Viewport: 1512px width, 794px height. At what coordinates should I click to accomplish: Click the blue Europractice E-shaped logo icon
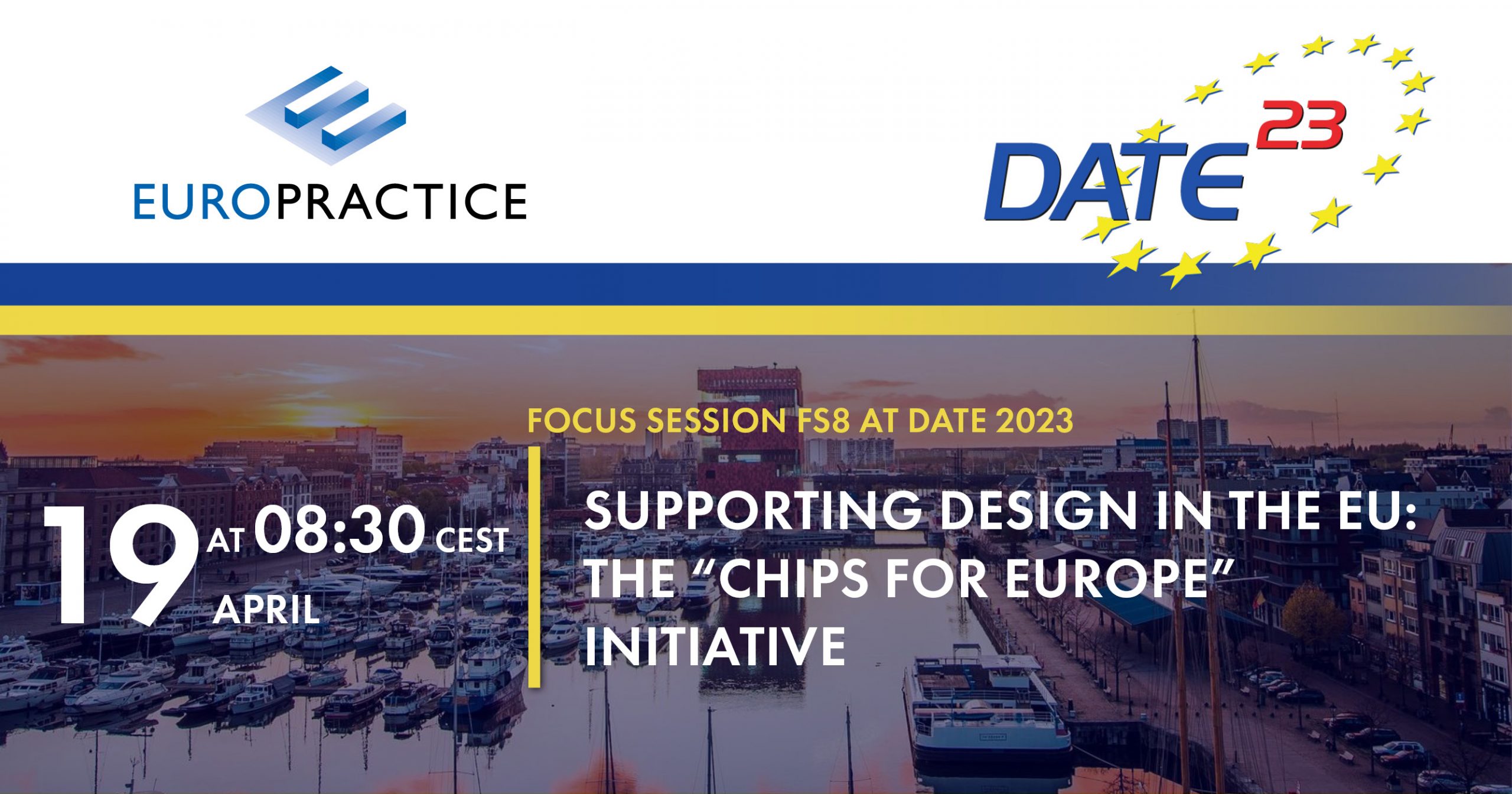coord(326,115)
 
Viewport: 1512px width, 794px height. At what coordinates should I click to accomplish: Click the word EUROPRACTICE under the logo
coord(330,201)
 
